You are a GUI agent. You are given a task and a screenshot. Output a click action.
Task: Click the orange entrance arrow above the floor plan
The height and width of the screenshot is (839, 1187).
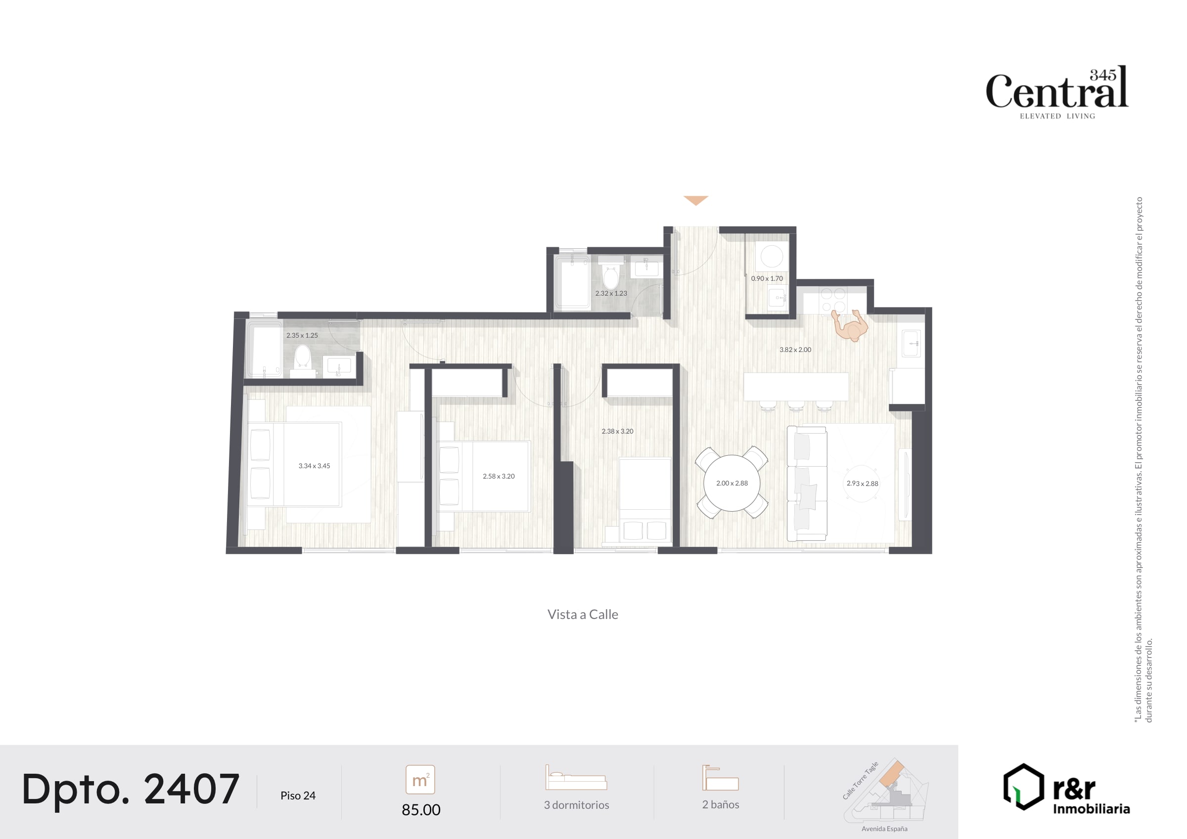click(695, 200)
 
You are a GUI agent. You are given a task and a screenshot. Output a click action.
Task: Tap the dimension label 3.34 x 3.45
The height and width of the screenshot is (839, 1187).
click(315, 466)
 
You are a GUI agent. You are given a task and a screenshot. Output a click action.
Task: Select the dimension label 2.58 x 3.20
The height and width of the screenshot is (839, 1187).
click(499, 476)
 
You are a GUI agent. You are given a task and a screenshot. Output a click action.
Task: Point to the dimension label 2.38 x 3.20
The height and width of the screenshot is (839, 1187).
click(617, 431)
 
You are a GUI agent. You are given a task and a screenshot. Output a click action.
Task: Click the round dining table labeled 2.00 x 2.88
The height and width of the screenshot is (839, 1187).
click(731, 483)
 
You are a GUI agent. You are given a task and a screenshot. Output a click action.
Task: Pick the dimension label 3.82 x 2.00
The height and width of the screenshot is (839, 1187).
click(795, 350)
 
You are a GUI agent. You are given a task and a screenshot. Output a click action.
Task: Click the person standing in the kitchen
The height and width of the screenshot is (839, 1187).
click(850, 326)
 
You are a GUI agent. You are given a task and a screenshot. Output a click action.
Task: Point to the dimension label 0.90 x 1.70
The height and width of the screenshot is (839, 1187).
click(767, 278)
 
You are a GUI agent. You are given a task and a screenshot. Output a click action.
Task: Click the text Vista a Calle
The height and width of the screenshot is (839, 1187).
click(583, 614)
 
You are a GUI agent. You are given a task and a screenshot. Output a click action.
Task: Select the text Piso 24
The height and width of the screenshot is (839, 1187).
click(298, 795)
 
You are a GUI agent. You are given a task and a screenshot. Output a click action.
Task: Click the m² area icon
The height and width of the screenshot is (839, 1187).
click(420, 780)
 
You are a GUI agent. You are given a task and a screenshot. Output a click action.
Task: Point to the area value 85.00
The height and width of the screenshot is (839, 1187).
click(421, 809)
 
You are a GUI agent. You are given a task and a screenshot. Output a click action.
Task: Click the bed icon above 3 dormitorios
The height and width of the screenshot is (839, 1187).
click(576, 778)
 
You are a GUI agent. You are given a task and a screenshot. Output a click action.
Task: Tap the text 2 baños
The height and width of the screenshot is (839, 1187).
click(721, 804)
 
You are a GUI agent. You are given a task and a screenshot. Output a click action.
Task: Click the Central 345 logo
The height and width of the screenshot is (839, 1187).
click(1057, 92)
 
